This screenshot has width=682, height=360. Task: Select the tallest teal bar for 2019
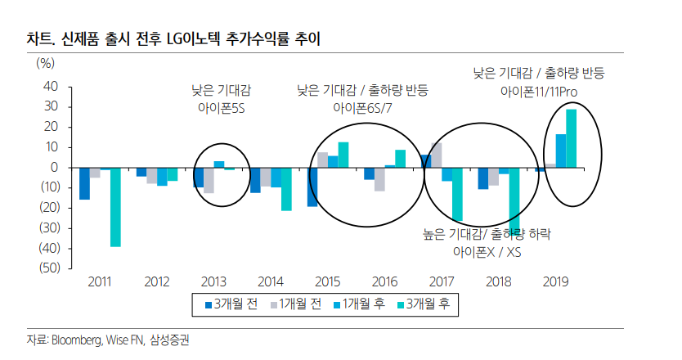point(571,138)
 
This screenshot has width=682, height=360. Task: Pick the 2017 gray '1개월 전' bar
point(436,155)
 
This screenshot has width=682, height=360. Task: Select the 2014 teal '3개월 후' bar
point(286,189)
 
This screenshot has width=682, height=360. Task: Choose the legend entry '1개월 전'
point(292,304)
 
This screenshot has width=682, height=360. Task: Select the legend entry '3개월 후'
point(424,304)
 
